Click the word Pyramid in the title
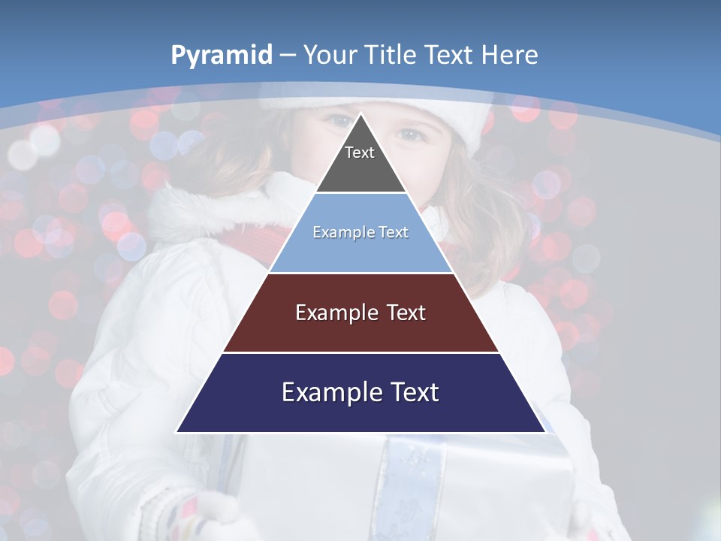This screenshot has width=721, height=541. [x=222, y=56]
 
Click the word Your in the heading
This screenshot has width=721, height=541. [x=330, y=55]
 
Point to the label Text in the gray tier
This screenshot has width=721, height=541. [x=360, y=153]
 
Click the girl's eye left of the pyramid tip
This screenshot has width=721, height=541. [x=339, y=120]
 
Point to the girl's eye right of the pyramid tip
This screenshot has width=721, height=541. [x=411, y=135]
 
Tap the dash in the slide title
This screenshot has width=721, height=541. [x=288, y=56]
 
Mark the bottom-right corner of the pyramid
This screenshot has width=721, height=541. [x=545, y=432]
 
